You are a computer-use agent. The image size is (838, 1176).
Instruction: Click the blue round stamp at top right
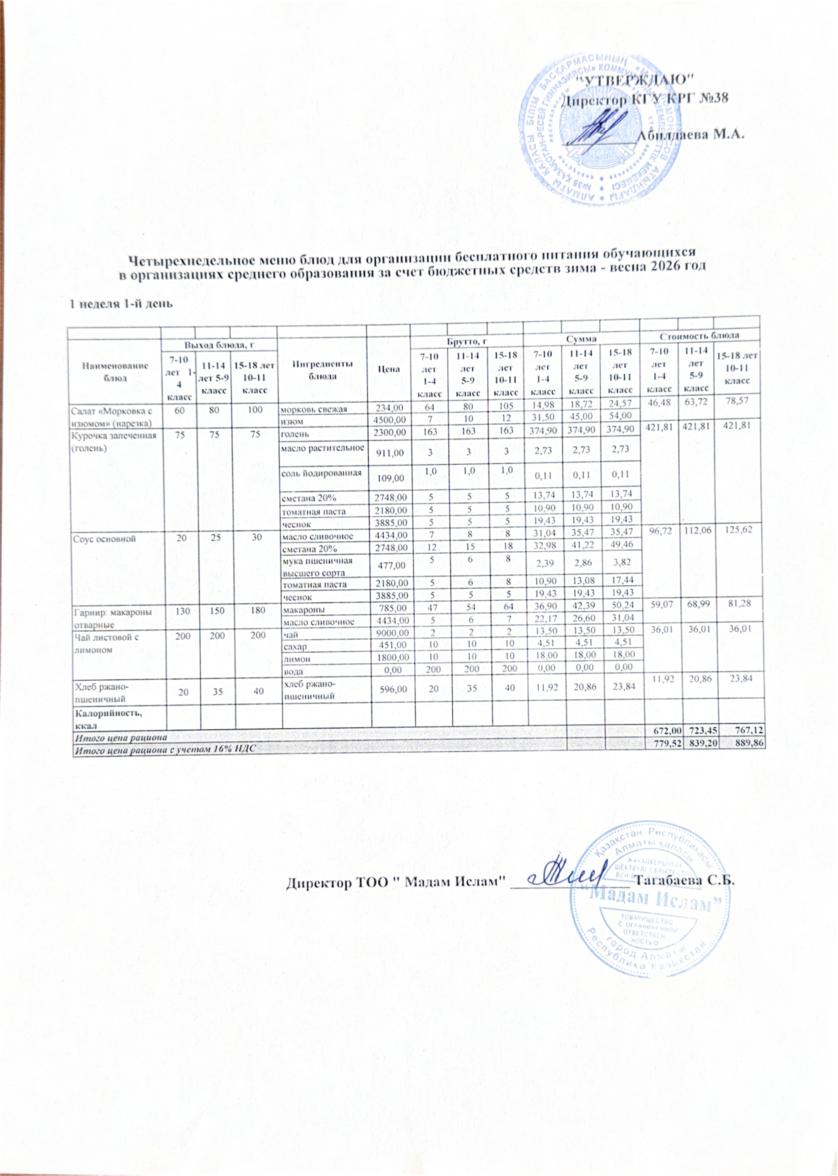(x=599, y=129)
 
